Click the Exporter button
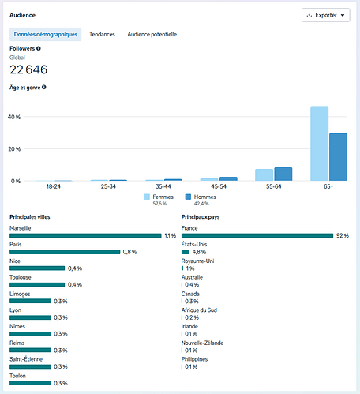(x=326, y=15)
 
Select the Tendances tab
(x=102, y=34)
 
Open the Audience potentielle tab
(x=152, y=34)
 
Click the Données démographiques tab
(x=46, y=34)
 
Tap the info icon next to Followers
(x=39, y=48)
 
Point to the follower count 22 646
(x=28, y=69)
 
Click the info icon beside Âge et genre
(x=44, y=87)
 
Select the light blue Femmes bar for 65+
(x=320, y=144)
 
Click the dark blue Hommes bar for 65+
(x=338, y=157)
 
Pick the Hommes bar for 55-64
(x=283, y=174)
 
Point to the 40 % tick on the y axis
(x=14, y=117)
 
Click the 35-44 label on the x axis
(x=163, y=186)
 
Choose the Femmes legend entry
(x=159, y=200)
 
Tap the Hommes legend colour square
(x=188, y=197)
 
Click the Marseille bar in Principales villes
(x=85, y=235)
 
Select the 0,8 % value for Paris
(x=129, y=252)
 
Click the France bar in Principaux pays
(x=257, y=235)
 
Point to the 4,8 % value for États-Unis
(x=199, y=252)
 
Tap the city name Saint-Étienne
(x=26, y=359)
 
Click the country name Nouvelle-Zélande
(x=202, y=343)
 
